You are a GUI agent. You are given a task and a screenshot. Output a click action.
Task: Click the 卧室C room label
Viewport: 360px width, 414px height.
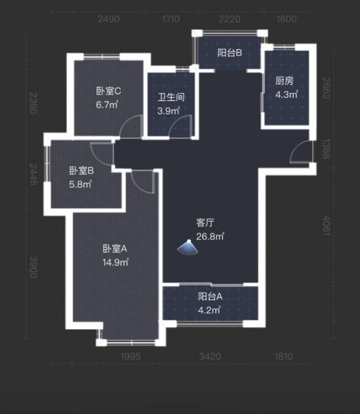point(108,91)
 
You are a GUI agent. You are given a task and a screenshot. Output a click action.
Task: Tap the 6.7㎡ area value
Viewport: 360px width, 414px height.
point(107,105)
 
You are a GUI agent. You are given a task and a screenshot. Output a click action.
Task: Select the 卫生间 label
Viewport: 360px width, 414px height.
point(171,97)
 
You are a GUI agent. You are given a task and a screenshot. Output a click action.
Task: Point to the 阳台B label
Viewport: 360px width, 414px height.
point(230,53)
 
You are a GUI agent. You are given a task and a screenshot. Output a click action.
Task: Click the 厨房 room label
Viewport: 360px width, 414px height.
point(284,81)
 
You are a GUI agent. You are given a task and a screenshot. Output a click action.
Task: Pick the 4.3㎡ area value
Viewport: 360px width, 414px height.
point(287,95)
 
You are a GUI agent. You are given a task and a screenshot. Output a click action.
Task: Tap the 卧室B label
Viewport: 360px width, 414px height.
point(81,170)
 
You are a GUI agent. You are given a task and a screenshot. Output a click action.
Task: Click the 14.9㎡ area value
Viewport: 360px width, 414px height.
point(116,262)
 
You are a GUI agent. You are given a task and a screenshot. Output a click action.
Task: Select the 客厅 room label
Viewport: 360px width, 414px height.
point(205,223)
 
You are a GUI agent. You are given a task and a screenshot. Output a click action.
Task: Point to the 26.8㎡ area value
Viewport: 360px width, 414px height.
point(210,236)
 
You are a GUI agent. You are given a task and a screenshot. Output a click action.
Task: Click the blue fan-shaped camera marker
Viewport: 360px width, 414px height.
point(188,248)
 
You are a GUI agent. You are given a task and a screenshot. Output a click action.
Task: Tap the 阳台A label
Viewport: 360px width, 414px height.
point(210,297)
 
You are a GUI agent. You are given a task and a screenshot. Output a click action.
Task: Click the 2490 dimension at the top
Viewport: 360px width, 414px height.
point(108,19)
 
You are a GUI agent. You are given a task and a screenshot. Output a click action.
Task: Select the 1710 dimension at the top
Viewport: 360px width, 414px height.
point(171,19)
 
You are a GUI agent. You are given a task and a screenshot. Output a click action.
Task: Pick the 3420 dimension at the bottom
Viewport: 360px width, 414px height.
point(210,357)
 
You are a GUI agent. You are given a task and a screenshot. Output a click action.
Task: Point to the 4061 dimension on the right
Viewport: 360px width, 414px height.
point(326,226)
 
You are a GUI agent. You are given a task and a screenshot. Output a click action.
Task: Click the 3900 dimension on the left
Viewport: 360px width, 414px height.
point(33,267)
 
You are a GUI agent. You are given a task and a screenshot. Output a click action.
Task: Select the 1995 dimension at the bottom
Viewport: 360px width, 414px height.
point(131,357)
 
